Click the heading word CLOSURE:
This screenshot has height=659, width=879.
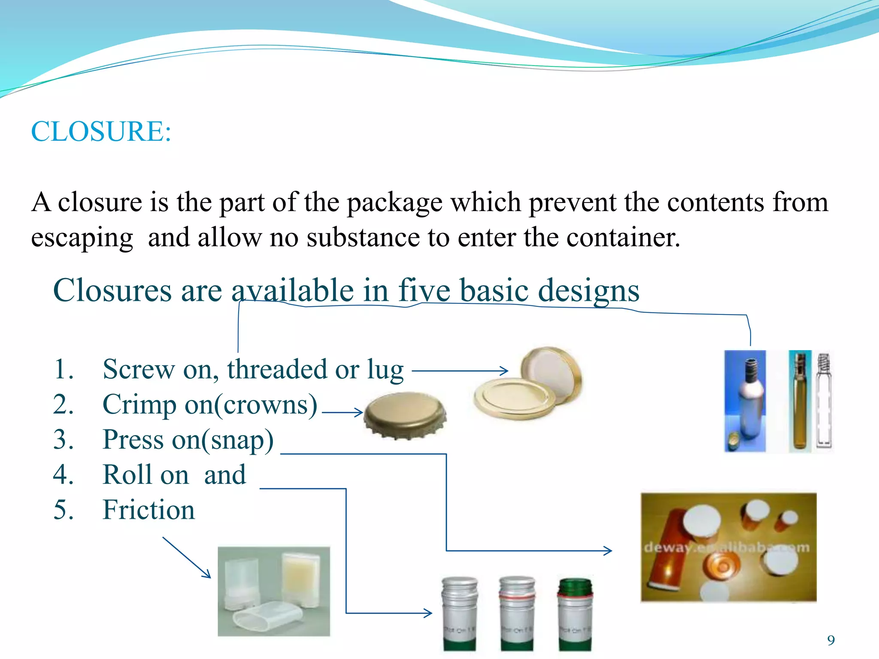pos(101,131)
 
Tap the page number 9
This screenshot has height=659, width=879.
pos(831,640)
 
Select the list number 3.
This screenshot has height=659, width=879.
pos(63,440)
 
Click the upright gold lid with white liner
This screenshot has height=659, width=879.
pos(552,373)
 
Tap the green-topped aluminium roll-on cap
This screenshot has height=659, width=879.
pos(575,614)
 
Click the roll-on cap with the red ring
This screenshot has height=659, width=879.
pos(517,614)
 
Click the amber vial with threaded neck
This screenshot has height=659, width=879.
pos(800,401)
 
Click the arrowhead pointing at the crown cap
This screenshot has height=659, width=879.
pos(360,412)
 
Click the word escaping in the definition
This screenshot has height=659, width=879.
pos(82,238)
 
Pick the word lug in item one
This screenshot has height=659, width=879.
pos(385,370)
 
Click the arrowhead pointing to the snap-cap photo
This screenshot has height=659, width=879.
pos(609,550)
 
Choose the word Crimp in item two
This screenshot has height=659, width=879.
pos(139,405)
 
